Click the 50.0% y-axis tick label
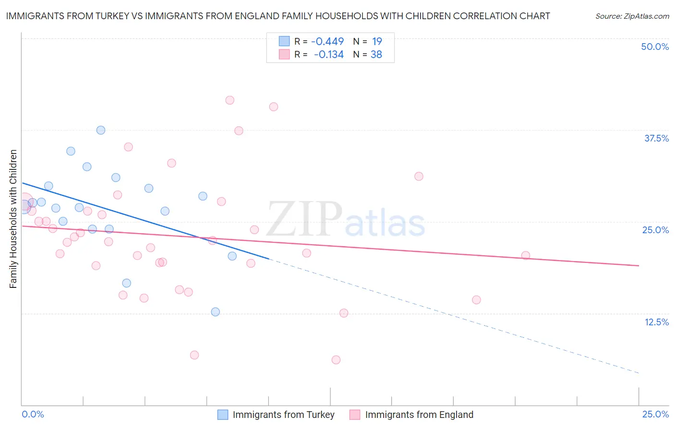[x=655, y=47]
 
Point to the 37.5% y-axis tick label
[x=656, y=138]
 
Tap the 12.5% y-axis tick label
[x=656, y=321]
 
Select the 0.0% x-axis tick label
[x=33, y=414]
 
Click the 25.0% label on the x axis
[x=655, y=414]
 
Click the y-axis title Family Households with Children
[x=13, y=219]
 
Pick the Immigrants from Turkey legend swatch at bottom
[x=223, y=415]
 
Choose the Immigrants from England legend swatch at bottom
[x=355, y=415]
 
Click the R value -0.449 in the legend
[x=327, y=42]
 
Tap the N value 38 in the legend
[x=376, y=55]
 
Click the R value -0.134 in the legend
[x=328, y=55]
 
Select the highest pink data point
[x=229, y=100]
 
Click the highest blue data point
[x=101, y=130]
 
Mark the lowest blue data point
[x=216, y=312]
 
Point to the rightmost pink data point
[x=526, y=255]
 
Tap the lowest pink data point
[x=336, y=360]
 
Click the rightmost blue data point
[x=232, y=256]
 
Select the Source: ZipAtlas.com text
[x=632, y=16]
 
